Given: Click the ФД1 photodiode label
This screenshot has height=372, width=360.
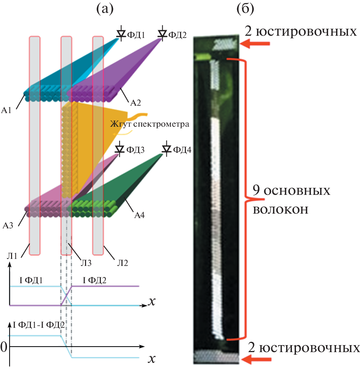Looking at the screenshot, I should (136, 35).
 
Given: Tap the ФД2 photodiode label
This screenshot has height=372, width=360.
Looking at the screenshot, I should (177, 35).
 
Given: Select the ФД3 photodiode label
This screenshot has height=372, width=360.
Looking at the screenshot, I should (135, 150).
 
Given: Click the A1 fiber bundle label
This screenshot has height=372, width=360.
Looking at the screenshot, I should (8, 110).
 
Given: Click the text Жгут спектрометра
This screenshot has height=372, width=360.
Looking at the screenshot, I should (149, 124).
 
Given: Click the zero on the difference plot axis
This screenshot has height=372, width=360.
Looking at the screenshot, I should (4, 347).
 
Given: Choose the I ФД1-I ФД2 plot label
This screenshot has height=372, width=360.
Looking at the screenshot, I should (39, 325).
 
